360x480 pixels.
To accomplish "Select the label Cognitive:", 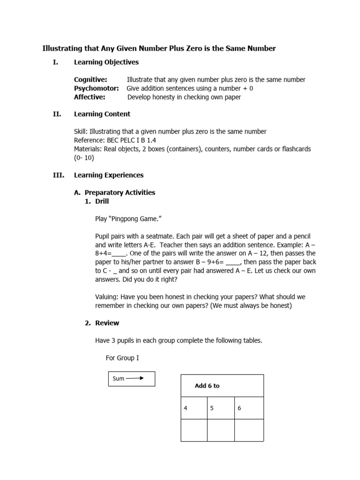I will click(x=90, y=80).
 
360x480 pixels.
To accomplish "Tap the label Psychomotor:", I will click(x=96, y=88).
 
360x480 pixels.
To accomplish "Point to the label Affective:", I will click(x=90, y=97).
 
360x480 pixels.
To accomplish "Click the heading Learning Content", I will click(x=102, y=114).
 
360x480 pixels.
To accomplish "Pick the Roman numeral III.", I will click(x=59, y=175).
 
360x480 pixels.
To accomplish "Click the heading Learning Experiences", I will click(x=109, y=175).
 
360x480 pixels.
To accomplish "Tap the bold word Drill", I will click(x=102, y=201).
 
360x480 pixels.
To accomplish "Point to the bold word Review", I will click(x=107, y=323).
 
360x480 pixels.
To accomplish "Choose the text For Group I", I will click(x=122, y=358).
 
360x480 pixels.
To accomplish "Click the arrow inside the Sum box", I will click(x=135, y=378).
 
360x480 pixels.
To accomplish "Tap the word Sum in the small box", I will click(x=119, y=379).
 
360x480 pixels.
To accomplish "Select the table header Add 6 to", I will click(x=207, y=386).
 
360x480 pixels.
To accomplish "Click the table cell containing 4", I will click(x=194, y=408).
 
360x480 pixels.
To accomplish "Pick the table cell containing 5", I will click(x=221, y=408).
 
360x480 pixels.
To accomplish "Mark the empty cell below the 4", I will click(x=194, y=430).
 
